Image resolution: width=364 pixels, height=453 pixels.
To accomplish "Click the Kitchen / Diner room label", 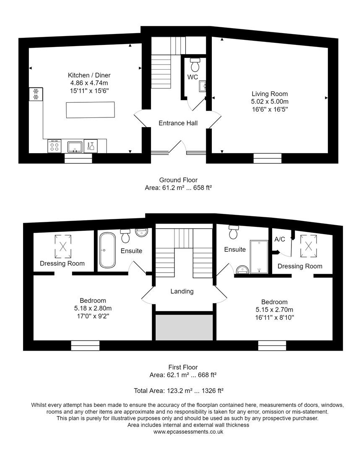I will click(x=89, y=75).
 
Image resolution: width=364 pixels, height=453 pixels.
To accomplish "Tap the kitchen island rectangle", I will click(x=90, y=110).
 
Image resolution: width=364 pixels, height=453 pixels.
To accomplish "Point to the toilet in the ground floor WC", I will click(x=195, y=65).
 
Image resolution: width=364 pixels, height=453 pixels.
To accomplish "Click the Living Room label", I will click(x=270, y=94).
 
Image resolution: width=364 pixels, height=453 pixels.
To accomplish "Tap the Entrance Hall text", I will click(x=178, y=123).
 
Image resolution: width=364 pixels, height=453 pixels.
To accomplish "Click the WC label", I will click(x=192, y=77).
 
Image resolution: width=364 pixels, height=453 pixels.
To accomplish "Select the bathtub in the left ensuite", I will click(x=107, y=250).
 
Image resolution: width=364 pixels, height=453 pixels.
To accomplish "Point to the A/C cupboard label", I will click(x=280, y=240).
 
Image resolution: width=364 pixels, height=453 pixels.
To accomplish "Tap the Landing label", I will click(x=182, y=291).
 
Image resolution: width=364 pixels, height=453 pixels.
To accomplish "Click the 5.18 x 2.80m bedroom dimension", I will click(x=93, y=308).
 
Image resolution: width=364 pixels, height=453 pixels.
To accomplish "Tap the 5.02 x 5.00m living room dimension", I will click(x=270, y=102).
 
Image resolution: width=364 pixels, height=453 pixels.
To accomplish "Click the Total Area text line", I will click(x=179, y=391).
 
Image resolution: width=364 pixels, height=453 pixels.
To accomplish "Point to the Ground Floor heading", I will click(x=178, y=180).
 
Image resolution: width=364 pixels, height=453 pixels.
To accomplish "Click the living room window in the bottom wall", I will click(x=268, y=158).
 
